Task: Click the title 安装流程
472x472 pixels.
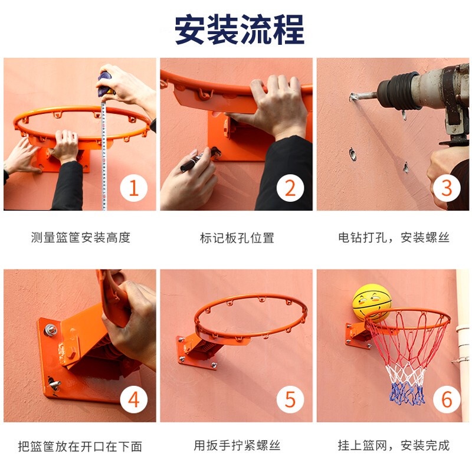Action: [240, 29]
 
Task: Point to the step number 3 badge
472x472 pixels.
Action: [447, 188]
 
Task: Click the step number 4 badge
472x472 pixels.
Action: [134, 399]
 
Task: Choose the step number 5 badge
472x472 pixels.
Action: [290, 399]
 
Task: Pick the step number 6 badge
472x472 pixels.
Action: [447, 399]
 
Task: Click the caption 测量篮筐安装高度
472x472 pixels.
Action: [81, 238]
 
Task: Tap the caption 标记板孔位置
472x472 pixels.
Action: [237, 238]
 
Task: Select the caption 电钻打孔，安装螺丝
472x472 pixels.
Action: [394, 238]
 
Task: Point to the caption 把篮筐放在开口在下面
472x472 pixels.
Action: [80, 447]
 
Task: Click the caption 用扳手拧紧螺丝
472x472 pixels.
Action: [237, 445]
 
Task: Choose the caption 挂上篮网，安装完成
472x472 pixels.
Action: [394, 445]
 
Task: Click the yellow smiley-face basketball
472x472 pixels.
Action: [372, 303]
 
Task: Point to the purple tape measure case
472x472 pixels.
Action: [106, 83]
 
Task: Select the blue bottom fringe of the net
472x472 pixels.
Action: [407, 393]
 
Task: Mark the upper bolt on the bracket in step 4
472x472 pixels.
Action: [50, 330]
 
